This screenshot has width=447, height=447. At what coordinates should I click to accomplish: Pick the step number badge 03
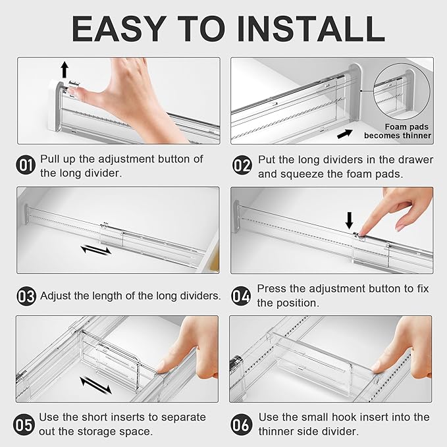click(26, 296)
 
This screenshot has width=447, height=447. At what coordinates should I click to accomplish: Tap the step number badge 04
click(242, 296)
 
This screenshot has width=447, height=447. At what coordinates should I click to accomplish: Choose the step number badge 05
click(26, 425)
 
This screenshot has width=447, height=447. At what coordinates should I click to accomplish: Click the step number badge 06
click(242, 425)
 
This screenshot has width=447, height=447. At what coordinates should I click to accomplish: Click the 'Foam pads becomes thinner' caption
click(398, 131)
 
